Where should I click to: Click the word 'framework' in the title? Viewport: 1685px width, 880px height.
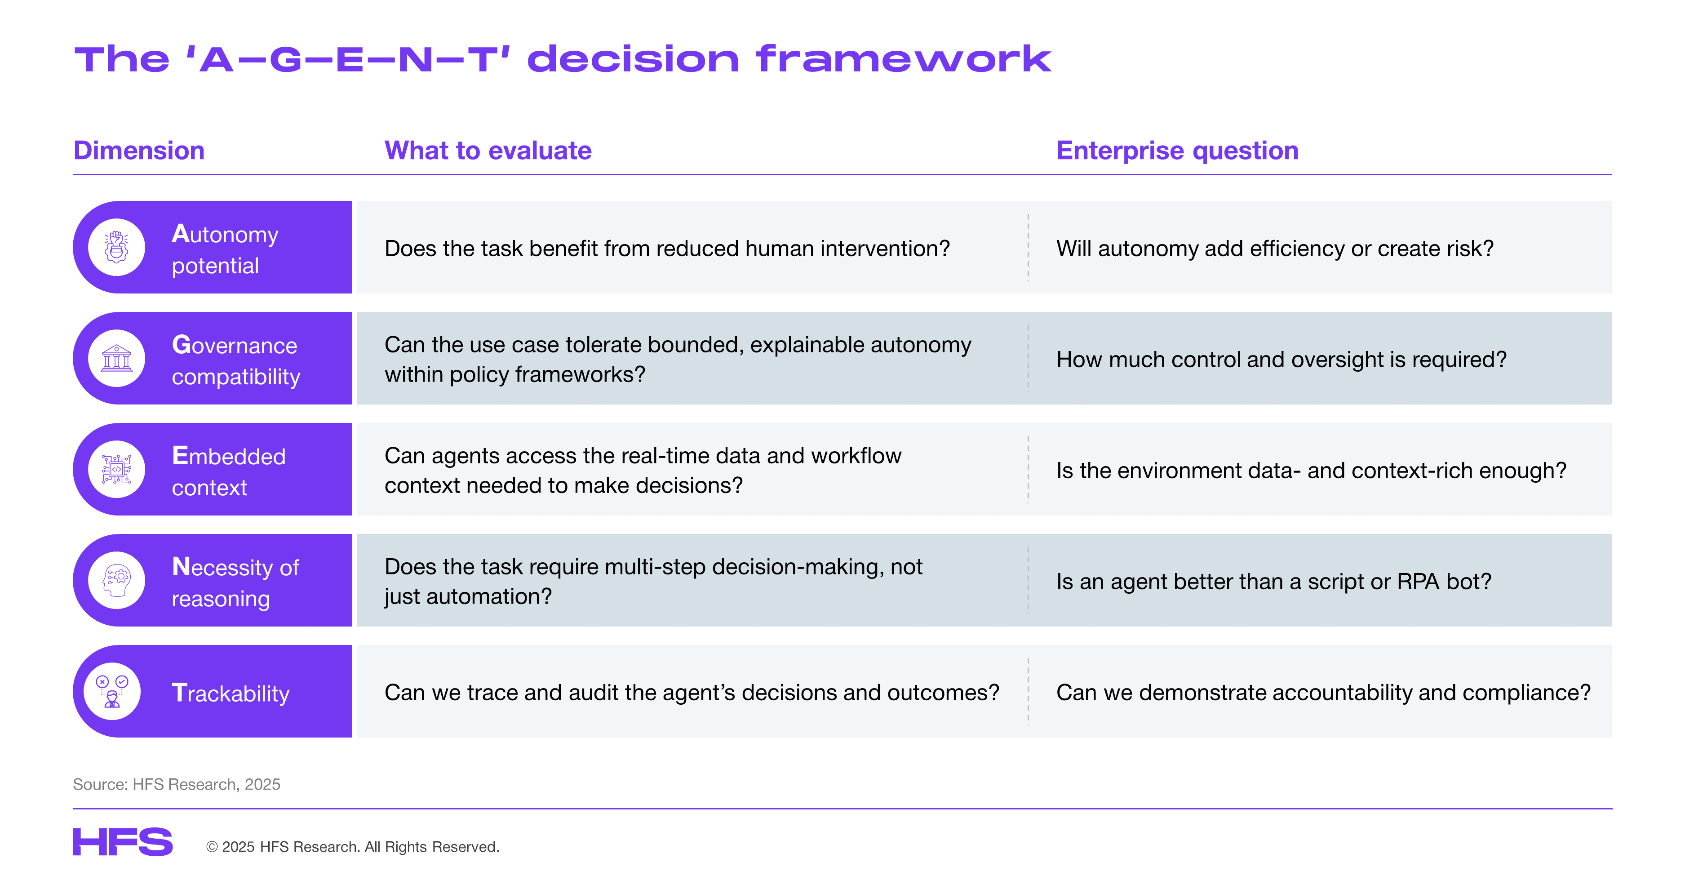pyautogui.click(x=903, y=59)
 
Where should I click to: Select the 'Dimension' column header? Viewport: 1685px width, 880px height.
pyautogui.click(x=139, y=151)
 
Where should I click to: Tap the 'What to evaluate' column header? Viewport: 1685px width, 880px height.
pyautogui.click(x=488, y=151)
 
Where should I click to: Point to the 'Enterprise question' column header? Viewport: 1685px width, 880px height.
pyautogui.click(x=1177, y=151)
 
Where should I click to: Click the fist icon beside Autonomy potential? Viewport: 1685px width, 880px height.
pyautogui.click(x=116, y=247)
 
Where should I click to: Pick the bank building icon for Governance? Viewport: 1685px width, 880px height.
pyautogui.click(x=116, y=359)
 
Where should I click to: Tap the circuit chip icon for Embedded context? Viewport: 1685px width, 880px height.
pyautogui.click(x=116, y=469)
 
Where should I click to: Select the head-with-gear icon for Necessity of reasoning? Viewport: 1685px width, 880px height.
pyautogui.click(x=116, y=580)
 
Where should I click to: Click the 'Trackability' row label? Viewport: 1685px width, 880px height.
pyautogui.click(x=230, y=693)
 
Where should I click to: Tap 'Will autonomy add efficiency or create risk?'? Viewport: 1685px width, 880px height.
pyautogui.click(x=1275, y=249)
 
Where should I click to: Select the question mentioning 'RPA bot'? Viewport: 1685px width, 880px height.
pyautogui.click(x=1273, y=582)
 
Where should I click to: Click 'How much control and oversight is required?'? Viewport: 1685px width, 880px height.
pyautogui.click(x=1281, y=360)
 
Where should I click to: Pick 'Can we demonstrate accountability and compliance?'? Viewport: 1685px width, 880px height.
pyautogui.click(x=1323, y=693)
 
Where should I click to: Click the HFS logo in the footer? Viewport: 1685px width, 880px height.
pyautogui.click(x=122, y=842)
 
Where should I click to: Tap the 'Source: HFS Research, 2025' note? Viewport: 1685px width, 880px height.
pyautogui.click(x=177, y=784)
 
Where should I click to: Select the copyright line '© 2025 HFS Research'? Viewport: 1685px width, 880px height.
pyautogui.click(x=353, y=847)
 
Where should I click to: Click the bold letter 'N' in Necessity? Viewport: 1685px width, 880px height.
pyautogui.click(x=181, y=567)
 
